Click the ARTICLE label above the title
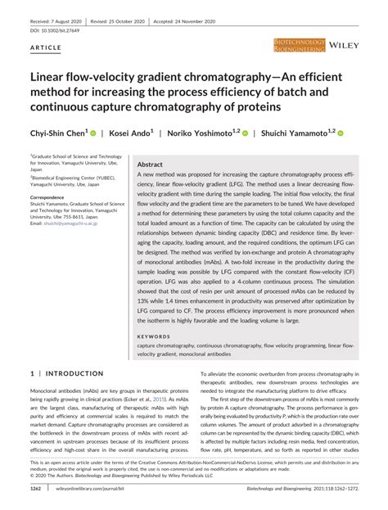pos(45,49)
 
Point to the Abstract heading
pos(151,164)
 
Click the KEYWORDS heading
pos(153,336)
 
